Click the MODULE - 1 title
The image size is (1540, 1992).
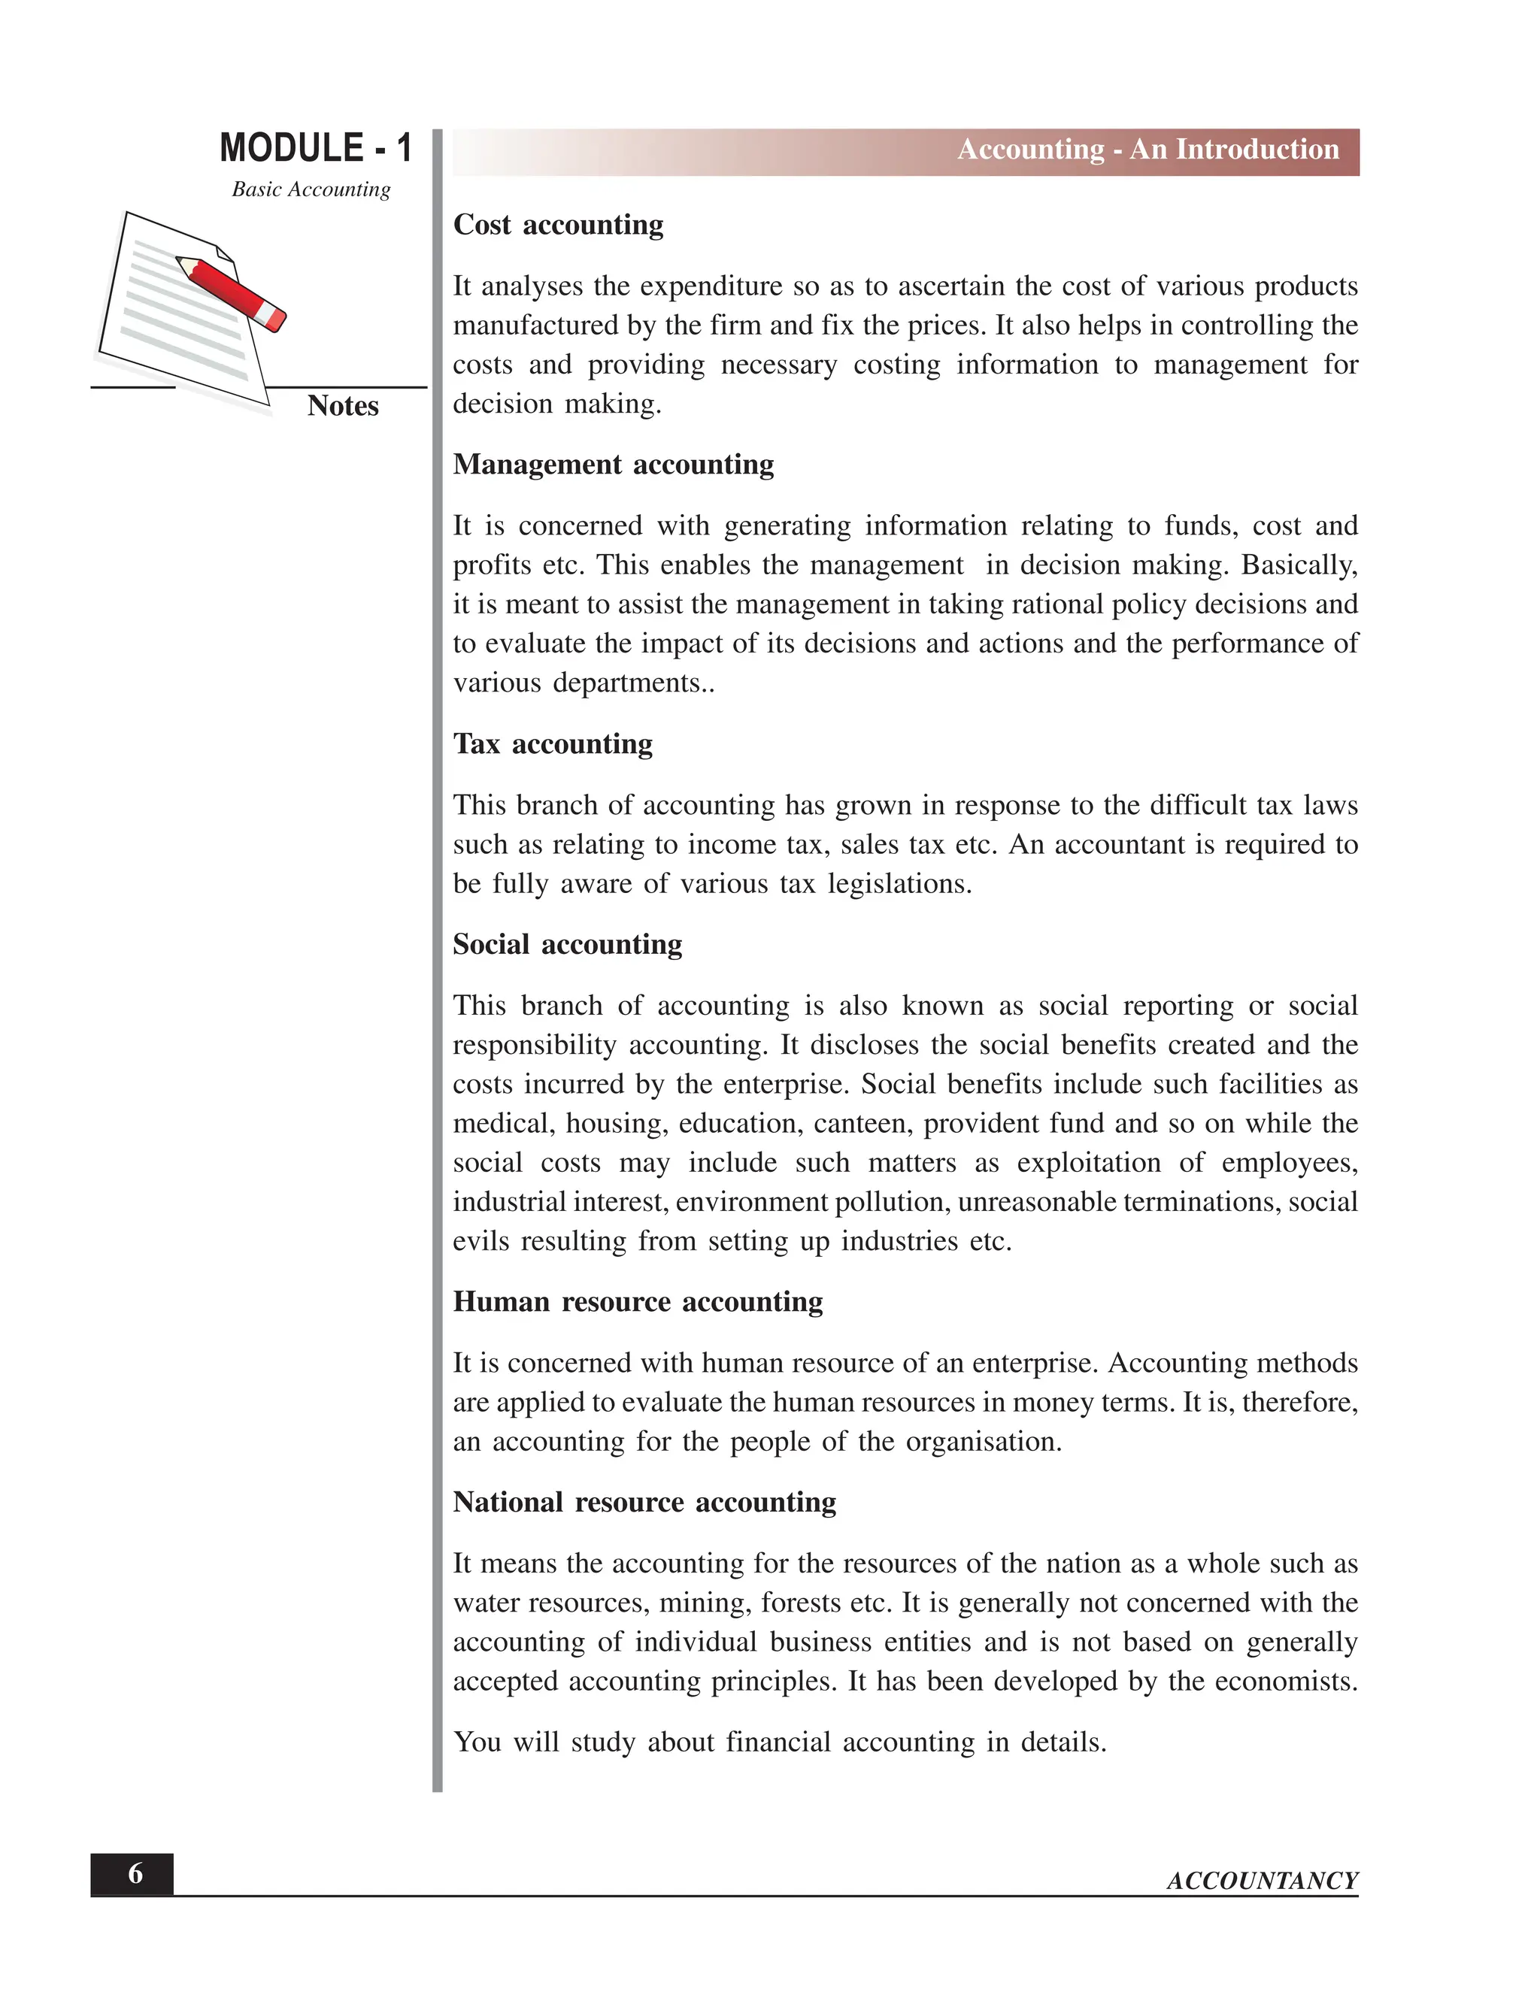coord(316,149)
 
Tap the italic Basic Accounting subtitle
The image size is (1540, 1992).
coord(311,189)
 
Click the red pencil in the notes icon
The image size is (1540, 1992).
coord(232,292)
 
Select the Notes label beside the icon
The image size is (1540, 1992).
coord(342,406)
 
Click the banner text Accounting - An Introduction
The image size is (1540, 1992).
coord(1147,150)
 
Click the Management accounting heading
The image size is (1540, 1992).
coord(613,465)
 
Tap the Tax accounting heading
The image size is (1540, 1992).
coord(553,743)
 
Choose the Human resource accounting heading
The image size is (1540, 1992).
coord(638,1301)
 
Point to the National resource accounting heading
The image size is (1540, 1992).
coord(644,1502)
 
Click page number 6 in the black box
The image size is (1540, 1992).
coord(135,1873)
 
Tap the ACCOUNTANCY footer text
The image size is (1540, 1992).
coord(1262,1881)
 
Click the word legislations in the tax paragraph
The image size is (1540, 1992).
coord(898,884)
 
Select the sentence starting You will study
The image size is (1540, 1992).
coord(779,1742)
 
